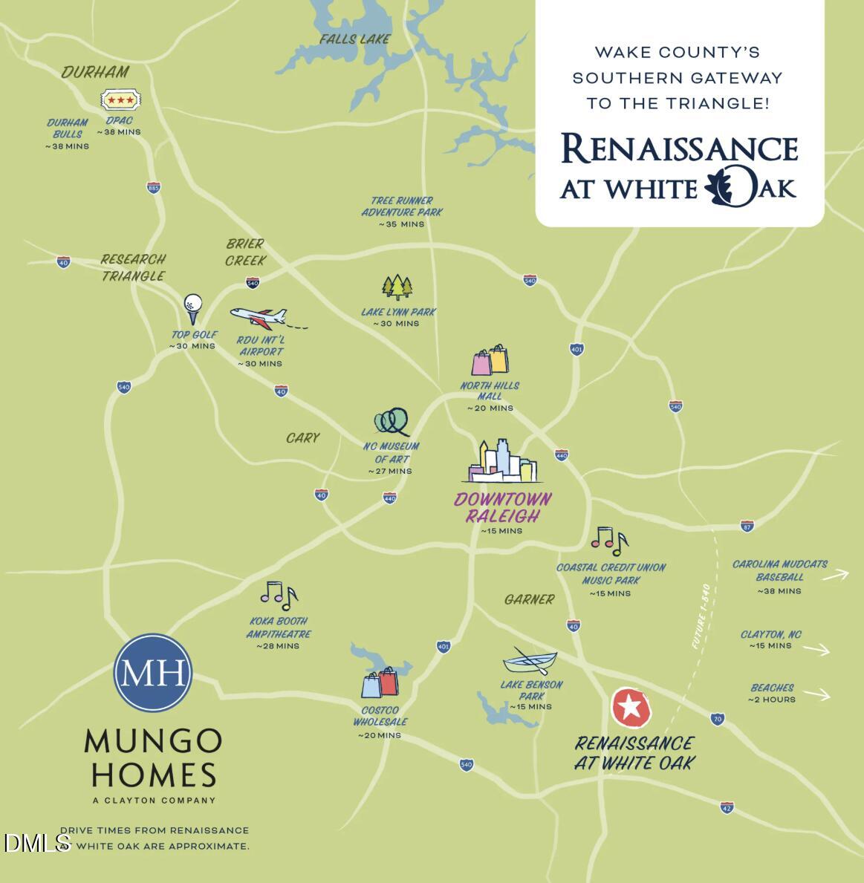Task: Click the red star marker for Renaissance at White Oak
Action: click(631, 707)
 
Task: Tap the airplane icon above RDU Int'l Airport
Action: click(259, 317)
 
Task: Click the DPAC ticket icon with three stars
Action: click(120, 100)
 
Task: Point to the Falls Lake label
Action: click(354, 39)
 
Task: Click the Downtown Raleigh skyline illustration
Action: click(501, 462)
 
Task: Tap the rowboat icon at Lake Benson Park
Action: click(530, 660)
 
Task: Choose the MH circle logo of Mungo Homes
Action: click(152, 672)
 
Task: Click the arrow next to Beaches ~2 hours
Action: click(817, 694)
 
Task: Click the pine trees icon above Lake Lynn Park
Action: click(397, 287)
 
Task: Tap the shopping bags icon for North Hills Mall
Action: click(490, 360)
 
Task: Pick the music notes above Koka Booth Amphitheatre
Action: click(279, 594)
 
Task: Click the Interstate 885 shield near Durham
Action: click(153, 187)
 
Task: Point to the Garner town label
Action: click(529, 599)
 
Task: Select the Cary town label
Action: click(303, 438)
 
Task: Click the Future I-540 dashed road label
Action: click(701, 616)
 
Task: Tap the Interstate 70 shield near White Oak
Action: click(717, 719)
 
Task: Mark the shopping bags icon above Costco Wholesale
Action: click(380, 683)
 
